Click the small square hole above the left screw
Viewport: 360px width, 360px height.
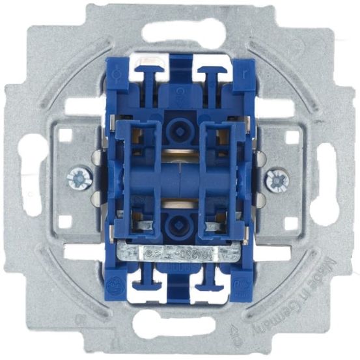65,137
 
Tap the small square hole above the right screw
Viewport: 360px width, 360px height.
291,138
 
